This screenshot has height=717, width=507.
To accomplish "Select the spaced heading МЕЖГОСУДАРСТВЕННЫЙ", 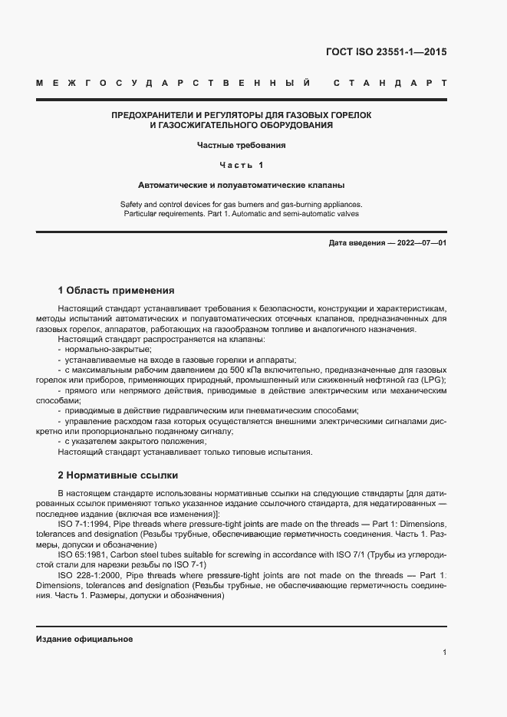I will pyautogui.click(x=173, y=82).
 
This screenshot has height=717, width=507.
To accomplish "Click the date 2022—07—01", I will pyautogui.click(x=420, y=243).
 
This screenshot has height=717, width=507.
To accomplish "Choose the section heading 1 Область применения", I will pyautogui.click(x=116, y=291).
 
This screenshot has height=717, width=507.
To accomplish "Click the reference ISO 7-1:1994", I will pyautogui.click(x=84, y=523).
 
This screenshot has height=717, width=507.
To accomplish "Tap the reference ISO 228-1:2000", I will pyautogui.click(x=87, y=574).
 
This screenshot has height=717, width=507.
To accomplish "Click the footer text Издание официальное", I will pyautogui.click(x=84, y=639).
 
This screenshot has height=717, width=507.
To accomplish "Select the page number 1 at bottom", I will pyautogui.click(x=444, y=653).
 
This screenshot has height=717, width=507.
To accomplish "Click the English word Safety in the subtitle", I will pyautogui.click(x=132, y=204).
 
